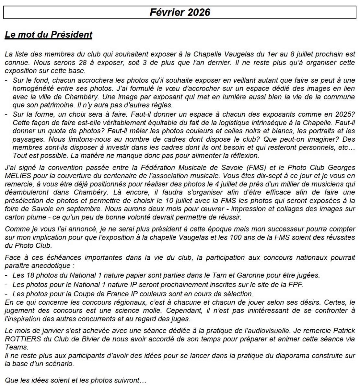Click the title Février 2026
pos(180,12)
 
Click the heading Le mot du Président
pos(49,34)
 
